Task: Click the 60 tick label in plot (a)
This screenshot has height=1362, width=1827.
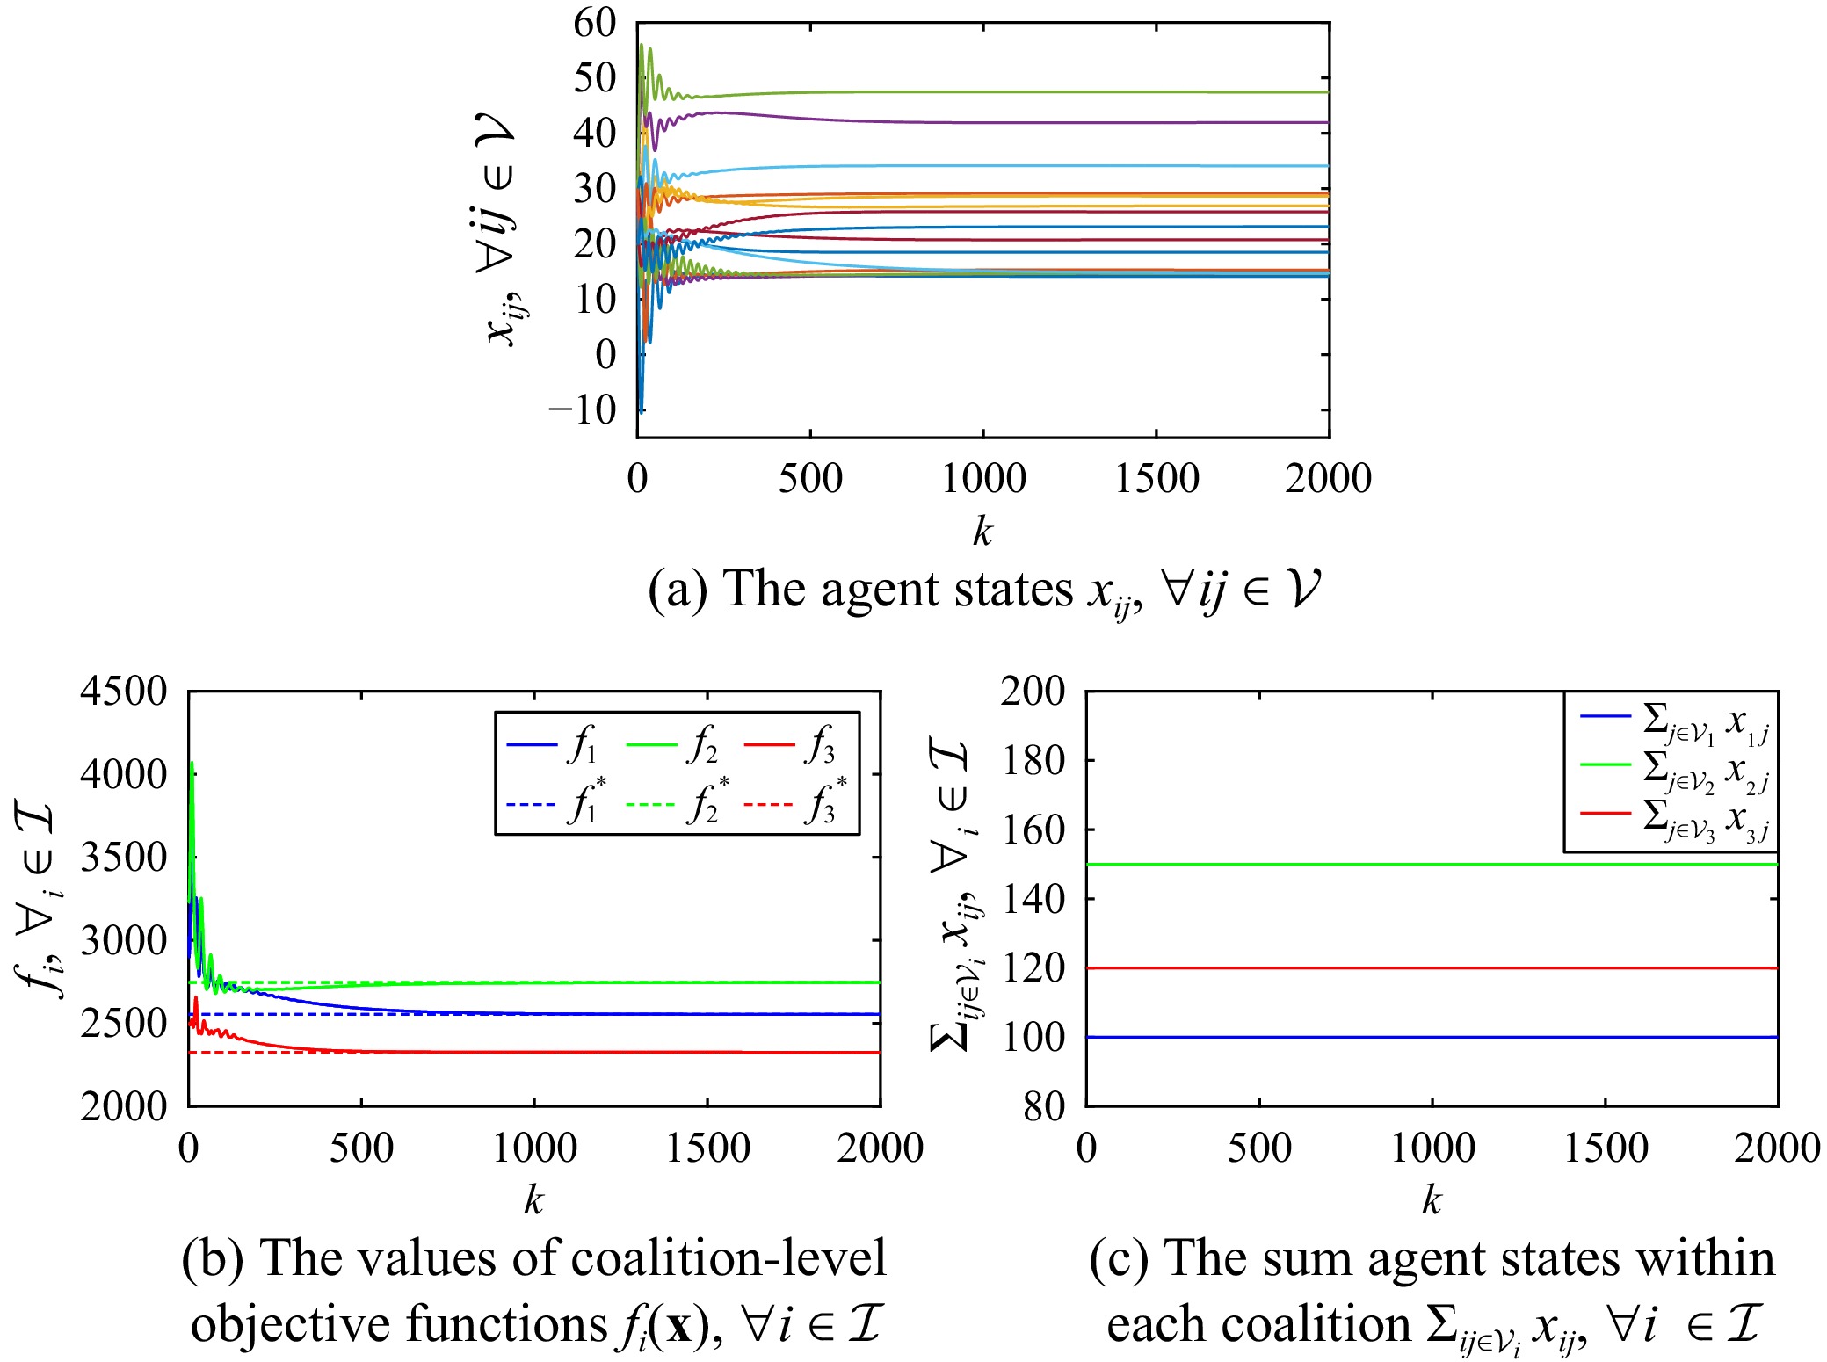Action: point(595,23)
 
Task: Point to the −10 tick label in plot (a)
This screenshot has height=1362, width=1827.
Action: point(583,409)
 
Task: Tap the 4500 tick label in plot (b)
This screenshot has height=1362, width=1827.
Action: point(123,692)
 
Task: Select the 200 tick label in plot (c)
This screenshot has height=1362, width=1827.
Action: point(1032,692)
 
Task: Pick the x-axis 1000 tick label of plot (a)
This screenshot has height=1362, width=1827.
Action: point(982,479)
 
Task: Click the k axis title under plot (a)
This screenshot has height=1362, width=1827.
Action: point(982,532)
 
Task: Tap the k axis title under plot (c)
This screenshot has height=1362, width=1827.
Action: point(1432,1200)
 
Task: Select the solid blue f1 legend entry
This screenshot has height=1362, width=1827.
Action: point(555,747)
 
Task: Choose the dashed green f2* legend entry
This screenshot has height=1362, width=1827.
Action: point(675,804)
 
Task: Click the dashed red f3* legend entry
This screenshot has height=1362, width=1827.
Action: point(794,804)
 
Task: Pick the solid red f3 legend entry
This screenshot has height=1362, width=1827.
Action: point(790,747)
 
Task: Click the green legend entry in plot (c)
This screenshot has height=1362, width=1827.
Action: point(1674,768)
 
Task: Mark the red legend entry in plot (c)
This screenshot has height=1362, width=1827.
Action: point(1674,818)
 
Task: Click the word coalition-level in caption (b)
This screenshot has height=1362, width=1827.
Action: point(729,1258)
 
